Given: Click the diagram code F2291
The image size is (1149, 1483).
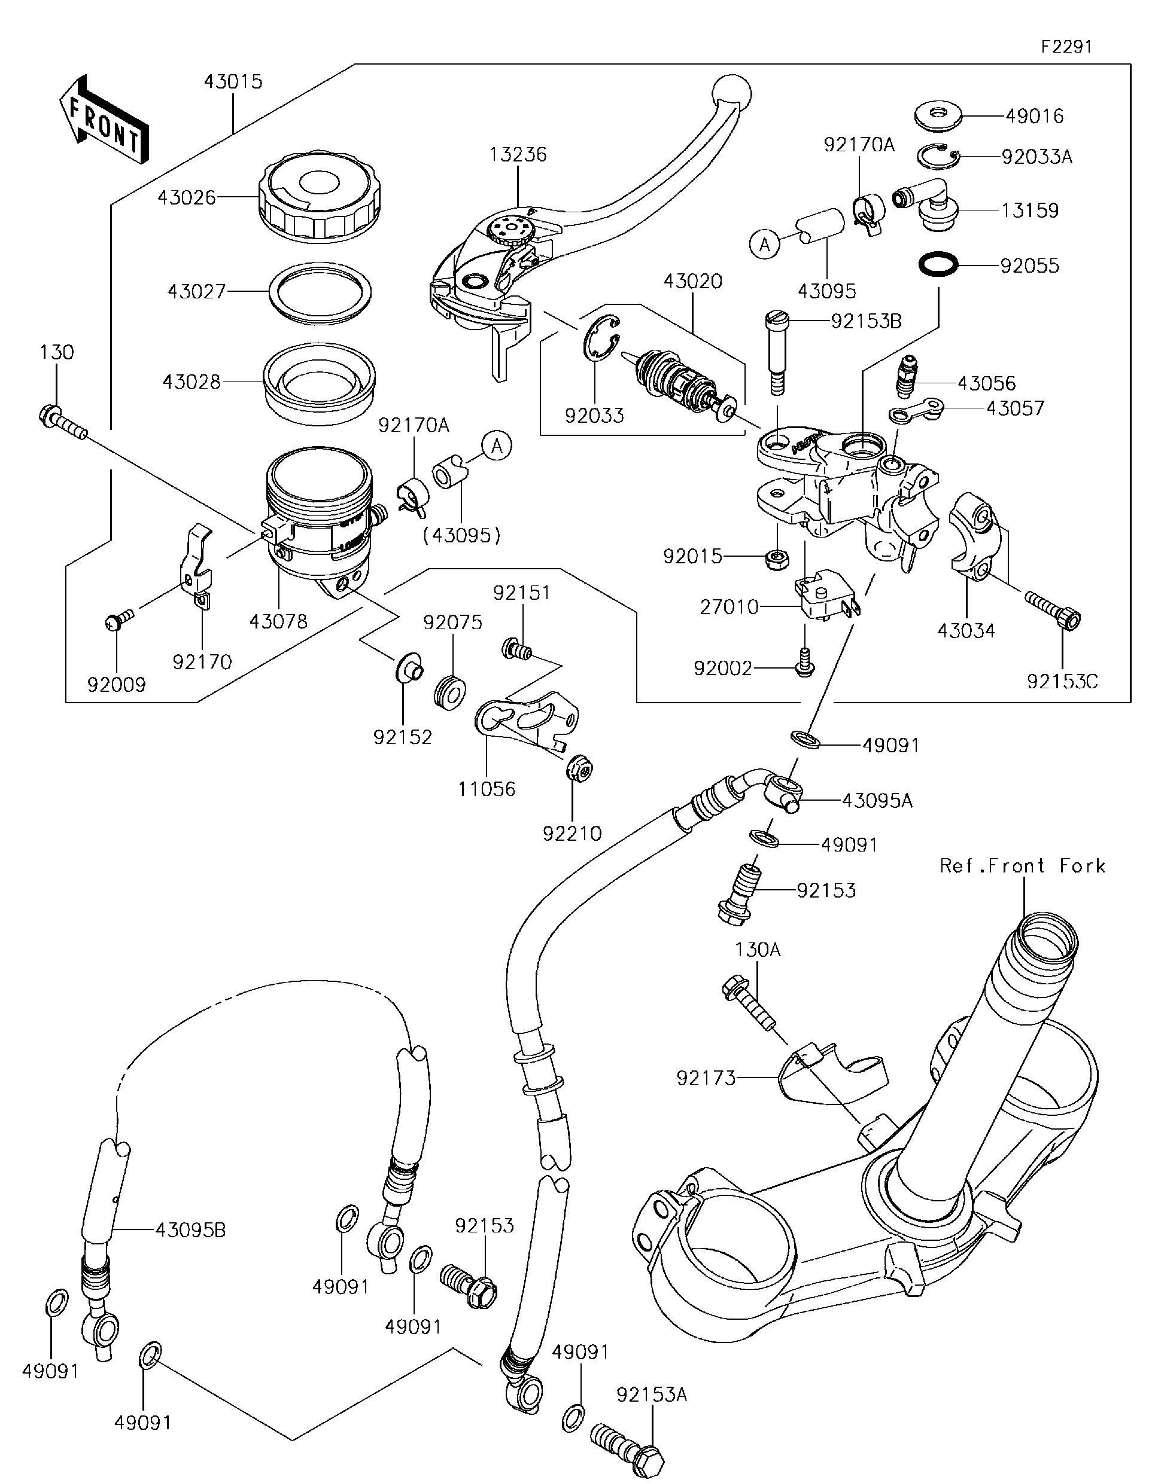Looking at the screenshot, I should (x=1067, y=47).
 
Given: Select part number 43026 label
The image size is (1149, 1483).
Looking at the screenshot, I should (x=187, y=197).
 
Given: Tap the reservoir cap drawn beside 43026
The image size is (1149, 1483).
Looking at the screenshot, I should (x=319, y=195).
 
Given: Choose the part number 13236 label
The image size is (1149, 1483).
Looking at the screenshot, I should (x=518, y=155).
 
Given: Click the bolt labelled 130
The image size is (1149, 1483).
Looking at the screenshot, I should (x=62, y=421).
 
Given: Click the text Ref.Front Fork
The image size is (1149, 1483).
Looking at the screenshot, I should (x=1023, y=866).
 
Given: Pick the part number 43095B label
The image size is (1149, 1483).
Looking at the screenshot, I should (x=190, y=1229).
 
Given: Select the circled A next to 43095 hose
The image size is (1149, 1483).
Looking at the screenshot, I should (x=765, y=245).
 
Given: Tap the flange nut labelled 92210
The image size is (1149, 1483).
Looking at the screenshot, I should (x=580, y=767).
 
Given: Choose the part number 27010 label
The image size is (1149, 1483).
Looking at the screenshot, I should (x=729, y=606).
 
